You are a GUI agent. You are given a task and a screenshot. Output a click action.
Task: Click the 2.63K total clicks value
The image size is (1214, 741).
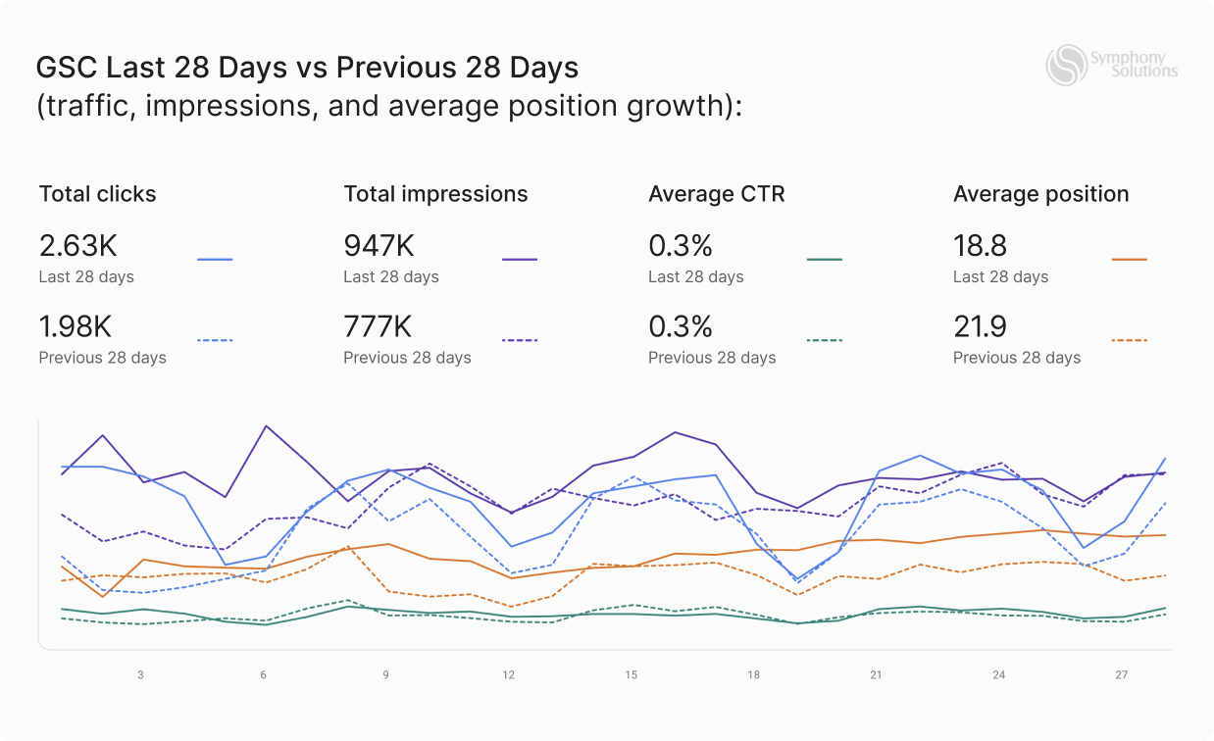click(x=78, y=245)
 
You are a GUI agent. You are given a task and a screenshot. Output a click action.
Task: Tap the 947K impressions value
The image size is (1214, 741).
click(x=379, y=245)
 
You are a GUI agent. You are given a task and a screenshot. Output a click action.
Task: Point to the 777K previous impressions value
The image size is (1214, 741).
click(x=378, y=325)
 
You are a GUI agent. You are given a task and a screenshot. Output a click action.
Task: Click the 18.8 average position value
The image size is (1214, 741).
click(x=980, y=245)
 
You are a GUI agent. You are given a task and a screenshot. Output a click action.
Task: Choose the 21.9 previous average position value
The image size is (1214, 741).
click(x=980, y=325)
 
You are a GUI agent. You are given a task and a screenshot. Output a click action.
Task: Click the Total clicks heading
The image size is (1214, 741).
click(x=97, y=194)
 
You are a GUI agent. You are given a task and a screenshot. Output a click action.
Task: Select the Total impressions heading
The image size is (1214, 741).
click(x=435, y=194)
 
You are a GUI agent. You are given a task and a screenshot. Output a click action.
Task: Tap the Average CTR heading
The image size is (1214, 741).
click(x=717, y=194)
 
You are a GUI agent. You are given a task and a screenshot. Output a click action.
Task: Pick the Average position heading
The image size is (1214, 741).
click(x=1040, y=194)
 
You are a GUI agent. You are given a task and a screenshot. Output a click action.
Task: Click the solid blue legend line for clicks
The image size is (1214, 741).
click(x=215, y=260)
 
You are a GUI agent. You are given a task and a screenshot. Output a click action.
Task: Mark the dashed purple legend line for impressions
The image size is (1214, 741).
click(x=520, y=340)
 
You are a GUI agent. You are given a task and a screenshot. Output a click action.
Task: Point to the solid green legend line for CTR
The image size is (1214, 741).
click(x=825, y=260)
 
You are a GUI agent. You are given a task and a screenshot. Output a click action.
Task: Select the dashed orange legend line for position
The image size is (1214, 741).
click(x=1130, y=340)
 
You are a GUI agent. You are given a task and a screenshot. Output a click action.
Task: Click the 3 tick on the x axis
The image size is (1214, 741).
click(x=140, y=675)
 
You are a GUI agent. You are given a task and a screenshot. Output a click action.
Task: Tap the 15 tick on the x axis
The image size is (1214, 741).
click(x=631, y=675)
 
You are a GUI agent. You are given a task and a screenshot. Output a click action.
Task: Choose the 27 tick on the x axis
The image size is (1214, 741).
click(x=1122, y=675)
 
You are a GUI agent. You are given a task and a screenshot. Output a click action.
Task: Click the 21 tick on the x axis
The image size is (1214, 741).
click(x=876, y=675)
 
